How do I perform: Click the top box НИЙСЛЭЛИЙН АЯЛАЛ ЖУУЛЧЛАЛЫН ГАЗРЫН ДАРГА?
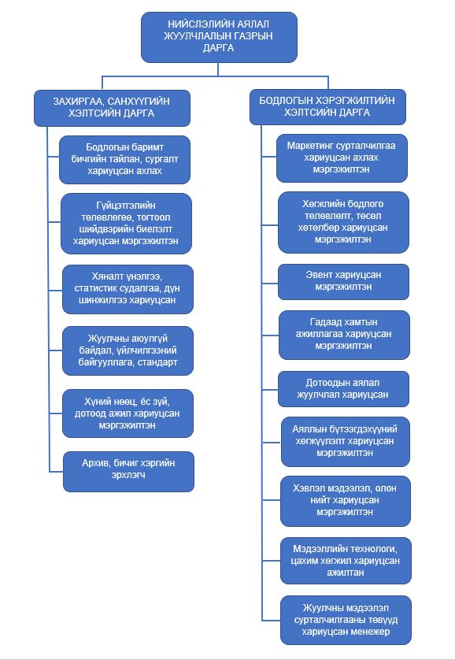[219, 37]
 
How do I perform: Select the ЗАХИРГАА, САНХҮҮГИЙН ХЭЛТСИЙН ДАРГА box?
[112, 108]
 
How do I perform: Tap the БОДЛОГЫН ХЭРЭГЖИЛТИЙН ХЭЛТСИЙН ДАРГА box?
[327, 107]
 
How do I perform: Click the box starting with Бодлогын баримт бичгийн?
[124, 160]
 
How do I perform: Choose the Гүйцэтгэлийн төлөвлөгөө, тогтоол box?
[126, 224]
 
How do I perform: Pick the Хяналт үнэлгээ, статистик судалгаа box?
[128, 289]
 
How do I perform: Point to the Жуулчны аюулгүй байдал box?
[128, 350]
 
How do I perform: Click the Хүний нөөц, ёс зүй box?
[128, 413]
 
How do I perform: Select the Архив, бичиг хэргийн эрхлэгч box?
[128, 472]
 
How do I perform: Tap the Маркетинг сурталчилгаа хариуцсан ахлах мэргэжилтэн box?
[342, 158]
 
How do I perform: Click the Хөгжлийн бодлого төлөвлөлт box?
[343, 222]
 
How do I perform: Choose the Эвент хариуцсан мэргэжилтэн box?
[343, 282]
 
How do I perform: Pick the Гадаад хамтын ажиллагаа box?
[344, 335]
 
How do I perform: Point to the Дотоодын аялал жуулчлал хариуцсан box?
[343, 389]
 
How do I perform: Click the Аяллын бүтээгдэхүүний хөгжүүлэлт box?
[346, 442]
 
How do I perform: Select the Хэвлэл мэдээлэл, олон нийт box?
[346, 501]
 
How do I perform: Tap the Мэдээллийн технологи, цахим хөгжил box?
[346, 560]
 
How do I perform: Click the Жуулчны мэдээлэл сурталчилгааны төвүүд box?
[346, 620]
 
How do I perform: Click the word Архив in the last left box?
[94, 463]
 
